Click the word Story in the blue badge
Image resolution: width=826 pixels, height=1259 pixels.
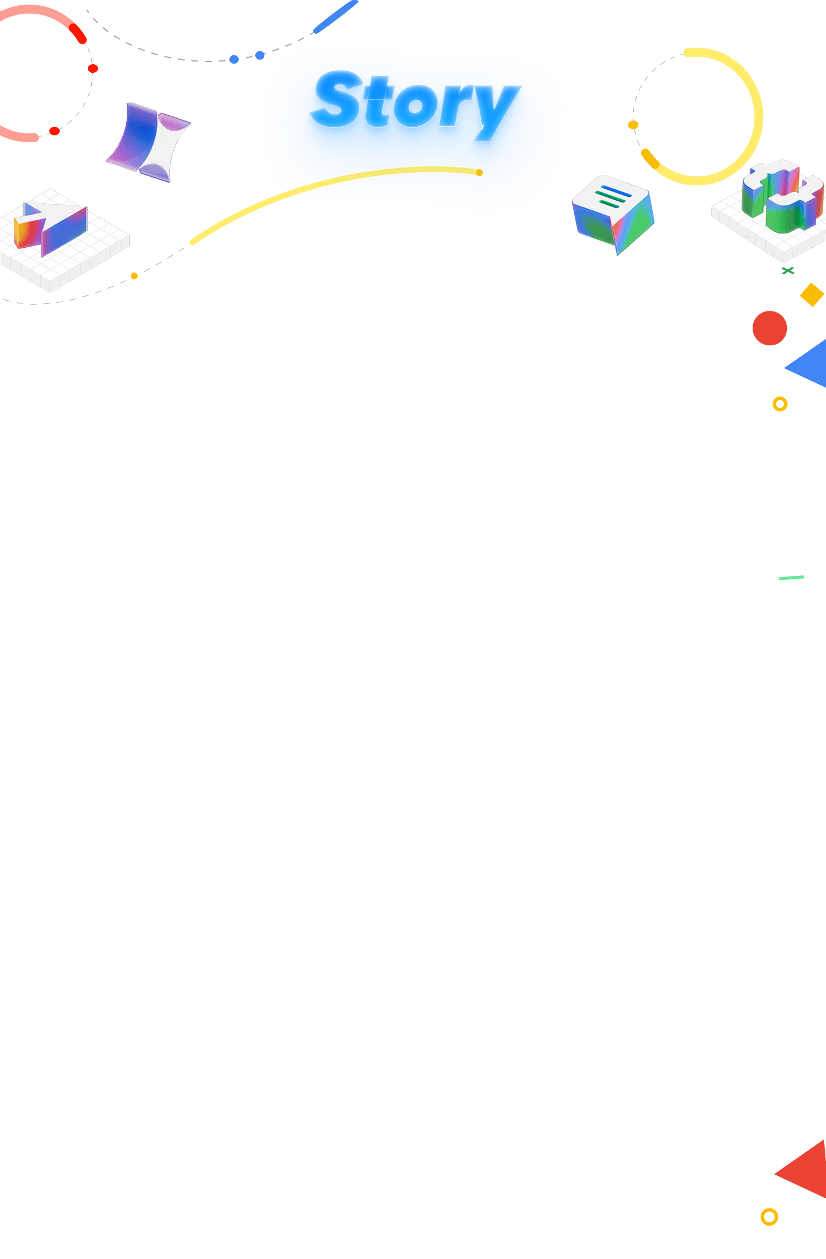click(x=414, y=103)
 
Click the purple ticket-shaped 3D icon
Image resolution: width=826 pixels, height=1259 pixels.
click(x=149, y=142)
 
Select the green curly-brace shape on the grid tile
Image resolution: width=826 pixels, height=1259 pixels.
click(x=783, y=196)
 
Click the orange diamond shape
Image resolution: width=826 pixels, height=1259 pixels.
click(x=812, y=294)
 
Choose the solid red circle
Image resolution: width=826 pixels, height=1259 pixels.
click(x=769, y=328)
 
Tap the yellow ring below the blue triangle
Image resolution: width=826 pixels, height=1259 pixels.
click(x=780, y=404)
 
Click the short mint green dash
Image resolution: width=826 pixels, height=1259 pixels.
click(x=791, y=578)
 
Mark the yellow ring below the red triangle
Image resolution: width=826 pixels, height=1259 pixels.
click(x=769, y=1217)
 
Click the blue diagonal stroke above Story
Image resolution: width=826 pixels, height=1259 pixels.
click(x=335, y=17)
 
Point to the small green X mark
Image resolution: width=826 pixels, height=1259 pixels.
click(x=788, y=270)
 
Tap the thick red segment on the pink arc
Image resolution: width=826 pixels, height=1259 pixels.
click(x=77, y=33)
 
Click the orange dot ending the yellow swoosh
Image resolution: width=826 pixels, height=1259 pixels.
click(x=480, y=173)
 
